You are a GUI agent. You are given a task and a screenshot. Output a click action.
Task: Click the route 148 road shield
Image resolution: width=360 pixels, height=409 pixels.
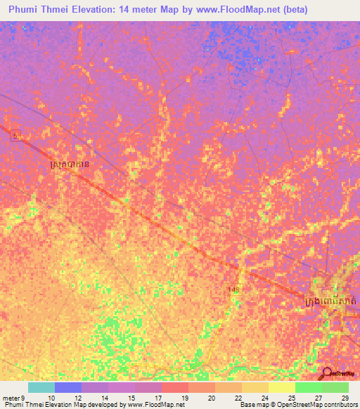tap(233, 290)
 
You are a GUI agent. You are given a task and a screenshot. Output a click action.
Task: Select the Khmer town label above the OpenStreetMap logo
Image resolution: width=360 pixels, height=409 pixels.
tap(331, 301)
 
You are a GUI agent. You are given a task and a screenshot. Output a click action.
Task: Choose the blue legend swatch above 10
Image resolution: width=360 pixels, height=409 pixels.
tap(68, 387)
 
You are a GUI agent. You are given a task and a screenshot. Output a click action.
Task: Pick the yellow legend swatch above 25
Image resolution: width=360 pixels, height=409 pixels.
tap(281, 387)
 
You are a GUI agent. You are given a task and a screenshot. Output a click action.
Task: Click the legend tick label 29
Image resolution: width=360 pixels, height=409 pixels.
tap(344, 398)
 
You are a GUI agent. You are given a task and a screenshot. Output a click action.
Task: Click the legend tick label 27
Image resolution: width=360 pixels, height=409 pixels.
tap(319, 398)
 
